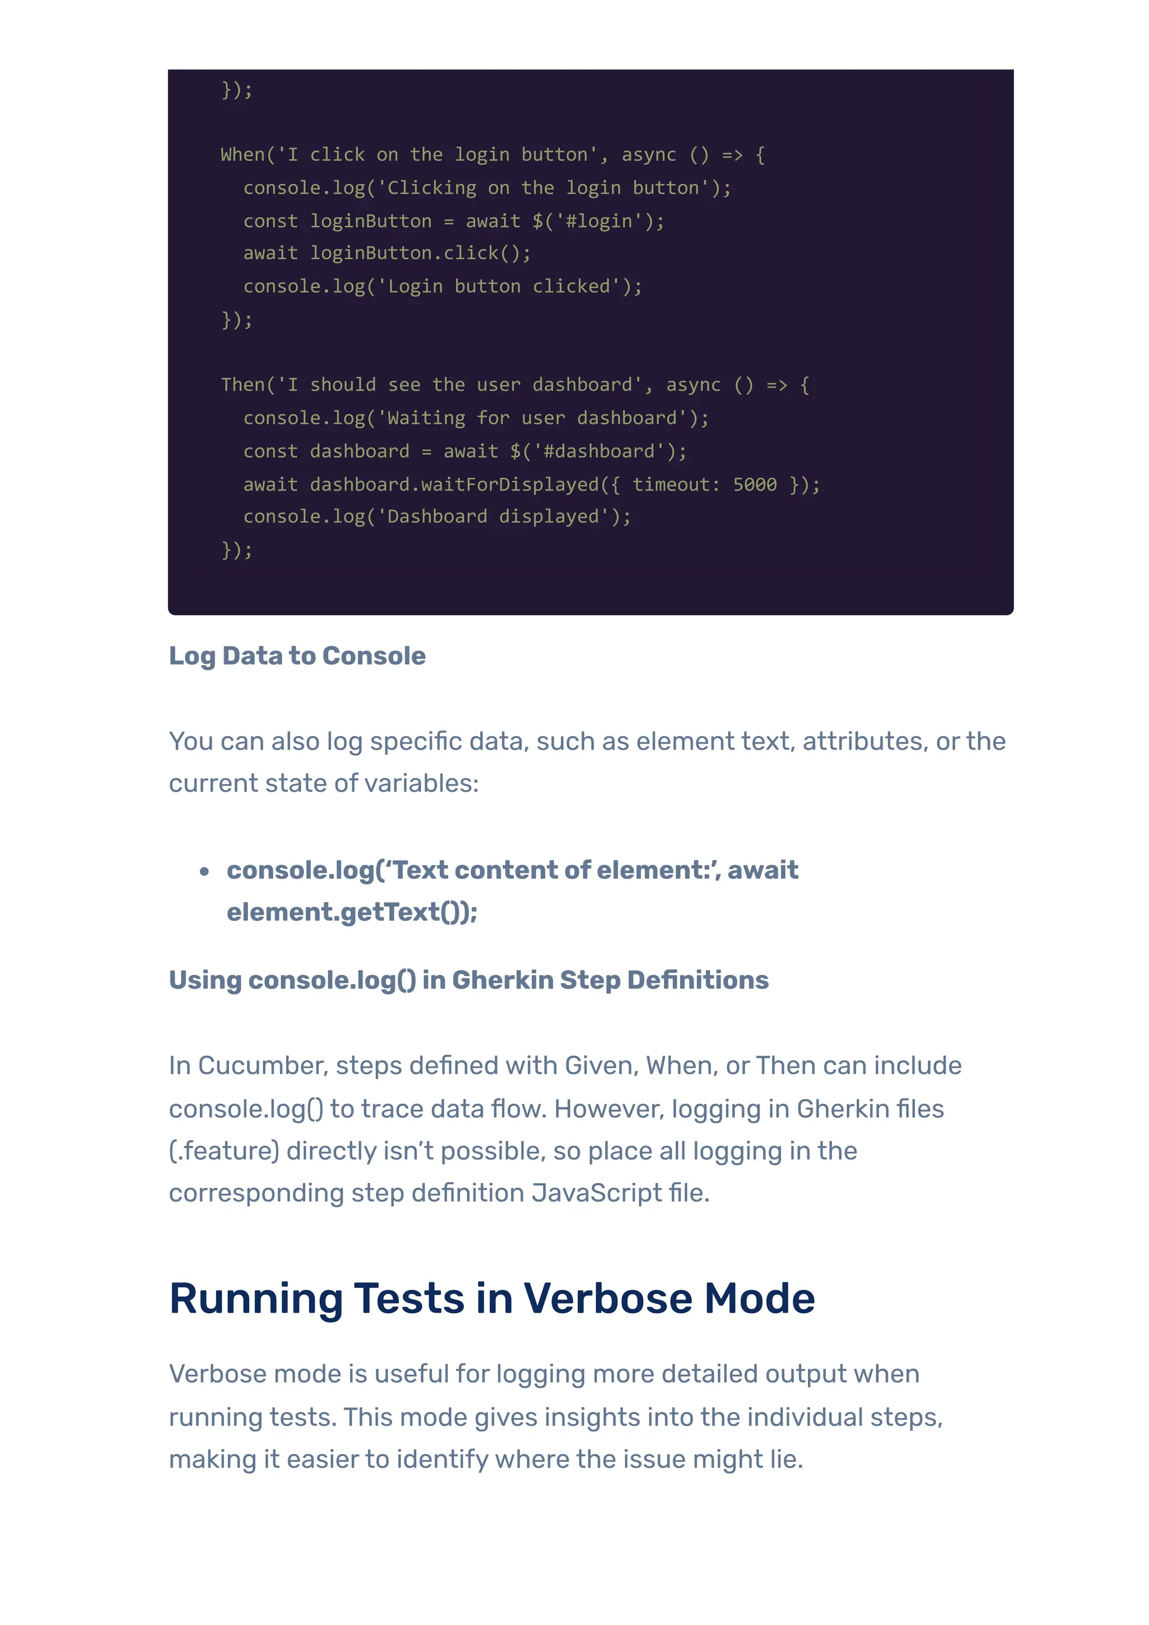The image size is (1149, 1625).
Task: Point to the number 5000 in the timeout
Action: pos(755,484)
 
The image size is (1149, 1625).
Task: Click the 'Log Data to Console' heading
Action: pos(297,656)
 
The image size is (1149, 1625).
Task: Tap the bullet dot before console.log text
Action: pos(205,871)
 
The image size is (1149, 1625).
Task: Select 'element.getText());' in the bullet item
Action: pos(352,912)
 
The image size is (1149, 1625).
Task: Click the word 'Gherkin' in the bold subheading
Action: pos(503,980)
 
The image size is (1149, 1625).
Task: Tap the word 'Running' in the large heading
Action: pos(256,1299)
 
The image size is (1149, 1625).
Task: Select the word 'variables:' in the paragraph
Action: pos(422,783)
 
